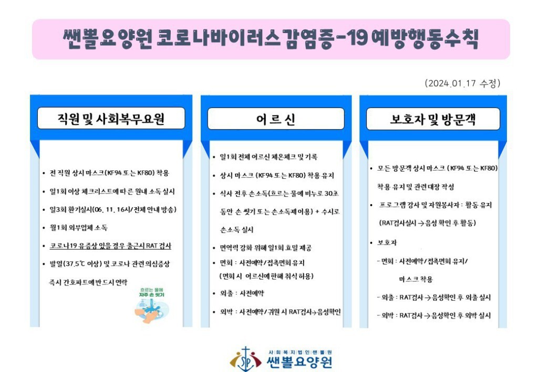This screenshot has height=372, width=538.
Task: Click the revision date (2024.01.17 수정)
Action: point(462,83)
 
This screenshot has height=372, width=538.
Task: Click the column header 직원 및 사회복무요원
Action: point(111,119)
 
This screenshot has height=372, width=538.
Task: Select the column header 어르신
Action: point(276,119)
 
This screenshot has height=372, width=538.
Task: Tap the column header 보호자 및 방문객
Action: point(433,119)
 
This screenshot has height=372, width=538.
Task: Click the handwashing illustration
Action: point(151,310)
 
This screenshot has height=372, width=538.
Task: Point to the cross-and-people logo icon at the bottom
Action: point(246,359)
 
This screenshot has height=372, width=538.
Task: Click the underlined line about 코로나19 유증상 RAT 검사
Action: point(110,246)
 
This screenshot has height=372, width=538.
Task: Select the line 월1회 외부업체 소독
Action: point(79,228)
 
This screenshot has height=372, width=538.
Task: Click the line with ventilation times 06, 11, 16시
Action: point(113,210)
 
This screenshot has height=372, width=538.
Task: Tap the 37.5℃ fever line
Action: point(109,264)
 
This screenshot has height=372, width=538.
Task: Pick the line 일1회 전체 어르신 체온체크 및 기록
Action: point(268,157)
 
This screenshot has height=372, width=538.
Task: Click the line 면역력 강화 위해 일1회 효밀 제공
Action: point(265,248)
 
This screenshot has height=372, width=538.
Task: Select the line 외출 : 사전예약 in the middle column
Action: point(242,293)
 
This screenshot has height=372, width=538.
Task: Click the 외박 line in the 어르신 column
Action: point(281,312)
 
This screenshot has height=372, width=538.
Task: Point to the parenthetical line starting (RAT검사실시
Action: point(427,223)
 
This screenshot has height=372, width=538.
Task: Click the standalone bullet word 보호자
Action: point(387,242)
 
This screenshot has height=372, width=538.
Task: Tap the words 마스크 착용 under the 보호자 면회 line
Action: point(416,279)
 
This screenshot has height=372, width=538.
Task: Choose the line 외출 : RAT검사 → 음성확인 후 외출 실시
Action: point(434,297)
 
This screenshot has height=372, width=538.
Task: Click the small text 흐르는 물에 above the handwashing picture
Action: point(152,290)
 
